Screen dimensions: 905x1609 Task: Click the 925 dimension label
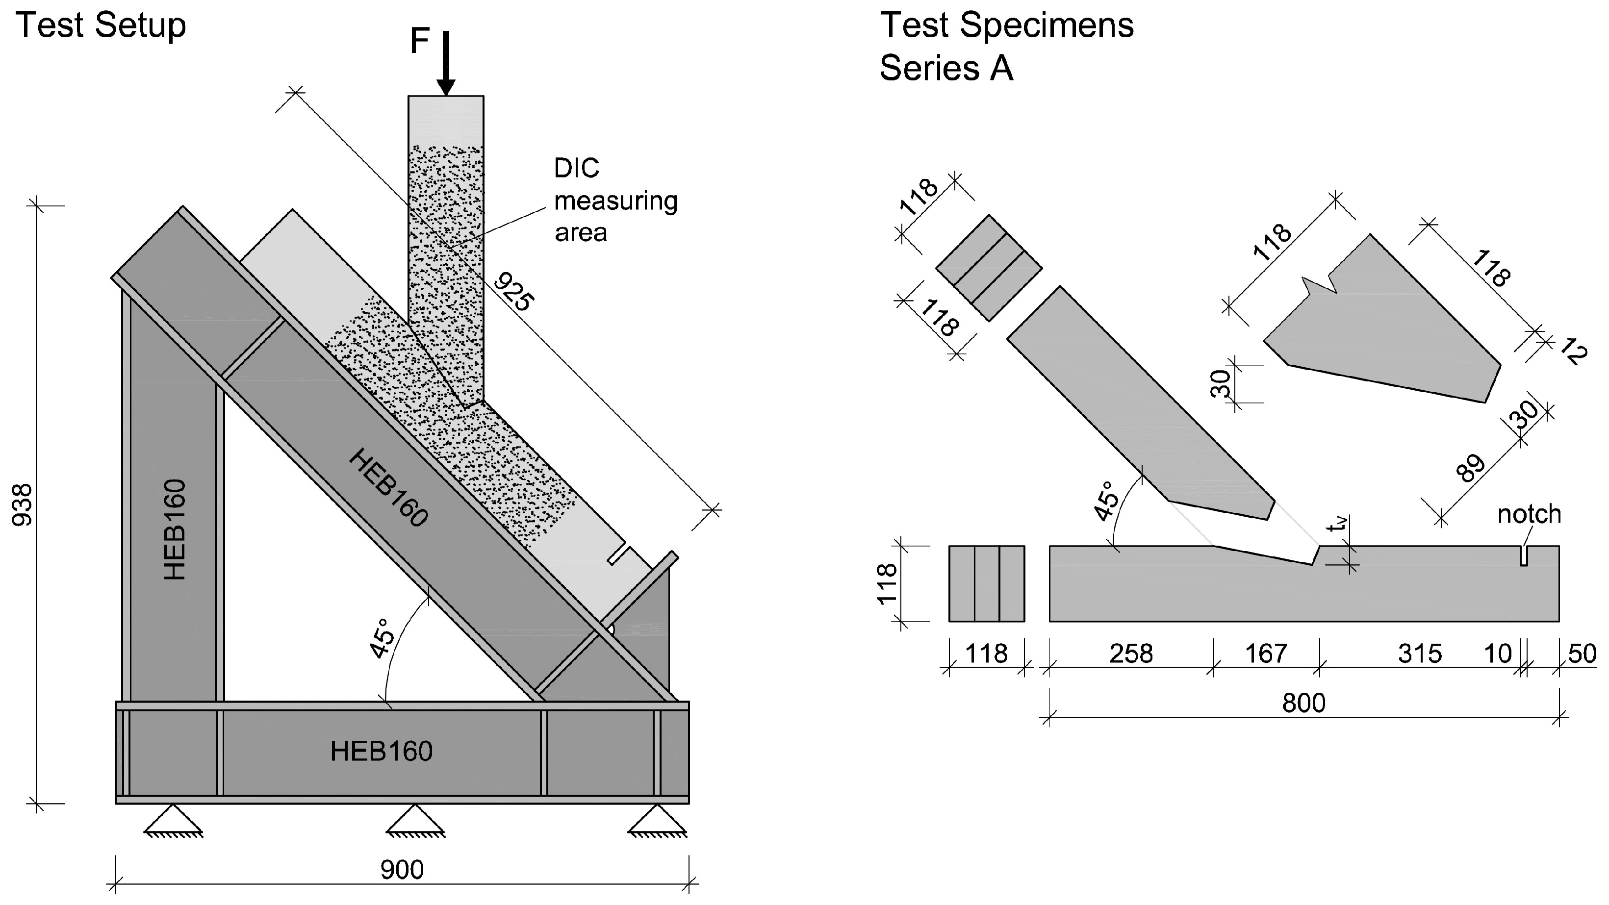[x=513, y=292]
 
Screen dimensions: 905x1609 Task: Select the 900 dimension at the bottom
[x=402, y=869]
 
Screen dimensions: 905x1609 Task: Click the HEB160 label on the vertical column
[x=175, y=529]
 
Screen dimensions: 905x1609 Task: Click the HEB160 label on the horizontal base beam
[x=381, y=752]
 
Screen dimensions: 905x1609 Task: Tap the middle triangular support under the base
[x=415, y=821]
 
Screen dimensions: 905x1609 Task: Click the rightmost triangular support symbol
[x=657, y=821]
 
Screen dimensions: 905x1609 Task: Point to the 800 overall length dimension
[x=1303, y=704]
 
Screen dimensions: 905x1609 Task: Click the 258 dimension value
[x=1130, y=654]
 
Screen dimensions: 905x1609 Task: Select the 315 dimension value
[x=1419, y=654]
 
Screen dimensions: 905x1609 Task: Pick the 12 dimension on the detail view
[x=1573, y=353]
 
